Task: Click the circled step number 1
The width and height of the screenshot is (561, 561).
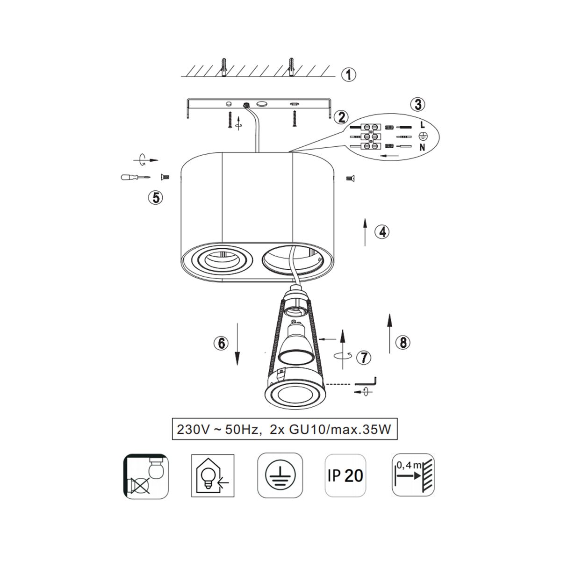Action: pos(348,75)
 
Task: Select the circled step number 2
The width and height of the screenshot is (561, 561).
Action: pos(341,117)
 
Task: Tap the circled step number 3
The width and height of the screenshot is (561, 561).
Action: pos(418,105)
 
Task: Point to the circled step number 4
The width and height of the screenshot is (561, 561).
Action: pos(382,232)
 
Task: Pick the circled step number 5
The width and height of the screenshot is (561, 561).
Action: pos(156,198)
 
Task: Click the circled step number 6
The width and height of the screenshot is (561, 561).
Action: pos(221,343)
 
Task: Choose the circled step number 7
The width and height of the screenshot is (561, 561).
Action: pos(364,358)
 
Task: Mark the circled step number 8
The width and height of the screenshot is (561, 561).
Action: pos(403,343)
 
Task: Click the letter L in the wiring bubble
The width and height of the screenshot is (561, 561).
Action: pos(423,125)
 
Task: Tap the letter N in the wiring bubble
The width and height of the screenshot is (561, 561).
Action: pos(423,147)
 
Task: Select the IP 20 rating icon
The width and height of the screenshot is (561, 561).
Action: pos(345,475)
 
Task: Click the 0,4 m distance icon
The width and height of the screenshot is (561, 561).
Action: pos(413,475)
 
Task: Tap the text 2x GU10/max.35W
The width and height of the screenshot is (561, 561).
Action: pos(330,429)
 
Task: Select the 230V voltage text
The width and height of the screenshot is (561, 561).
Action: pos(193,430)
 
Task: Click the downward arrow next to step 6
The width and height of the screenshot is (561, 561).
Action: pos(237,344)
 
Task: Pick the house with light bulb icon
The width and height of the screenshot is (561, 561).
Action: pos(213,475)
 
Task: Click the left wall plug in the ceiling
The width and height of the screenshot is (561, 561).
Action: pos(223,67)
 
